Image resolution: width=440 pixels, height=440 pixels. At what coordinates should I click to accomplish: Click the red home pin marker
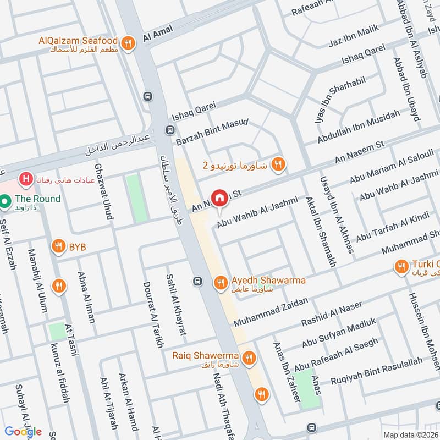click(x=219, y=197)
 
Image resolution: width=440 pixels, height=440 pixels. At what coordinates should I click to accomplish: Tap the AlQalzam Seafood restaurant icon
click(x=128, y=42)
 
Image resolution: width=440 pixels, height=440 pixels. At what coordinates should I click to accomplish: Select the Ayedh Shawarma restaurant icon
click(x=221, y=282)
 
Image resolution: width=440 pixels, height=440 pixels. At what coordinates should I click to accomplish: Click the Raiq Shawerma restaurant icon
click(x=249, y=358)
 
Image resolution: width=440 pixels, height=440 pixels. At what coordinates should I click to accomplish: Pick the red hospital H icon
click(x=25, y=179)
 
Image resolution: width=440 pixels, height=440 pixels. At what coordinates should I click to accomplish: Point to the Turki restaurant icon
click(x=402, y=267)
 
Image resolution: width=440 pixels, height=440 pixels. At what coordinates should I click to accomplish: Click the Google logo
click(x=24, y=431)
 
